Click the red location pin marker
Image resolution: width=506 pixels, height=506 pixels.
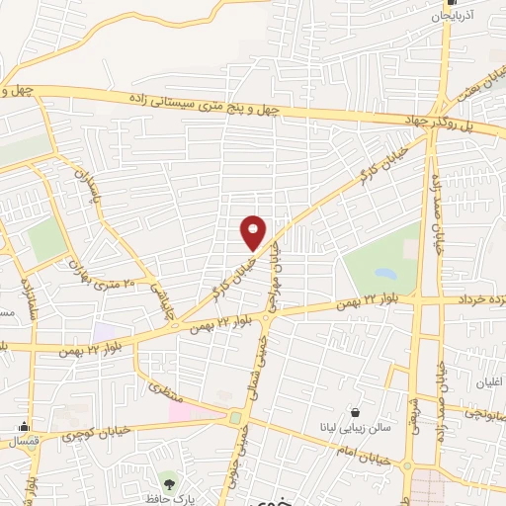coord(254,233)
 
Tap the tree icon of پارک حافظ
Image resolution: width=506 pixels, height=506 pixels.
coord(170,483)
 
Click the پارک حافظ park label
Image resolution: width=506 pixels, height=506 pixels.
coord(171,499)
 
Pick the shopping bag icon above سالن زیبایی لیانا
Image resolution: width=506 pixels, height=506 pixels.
coord(355,413)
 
